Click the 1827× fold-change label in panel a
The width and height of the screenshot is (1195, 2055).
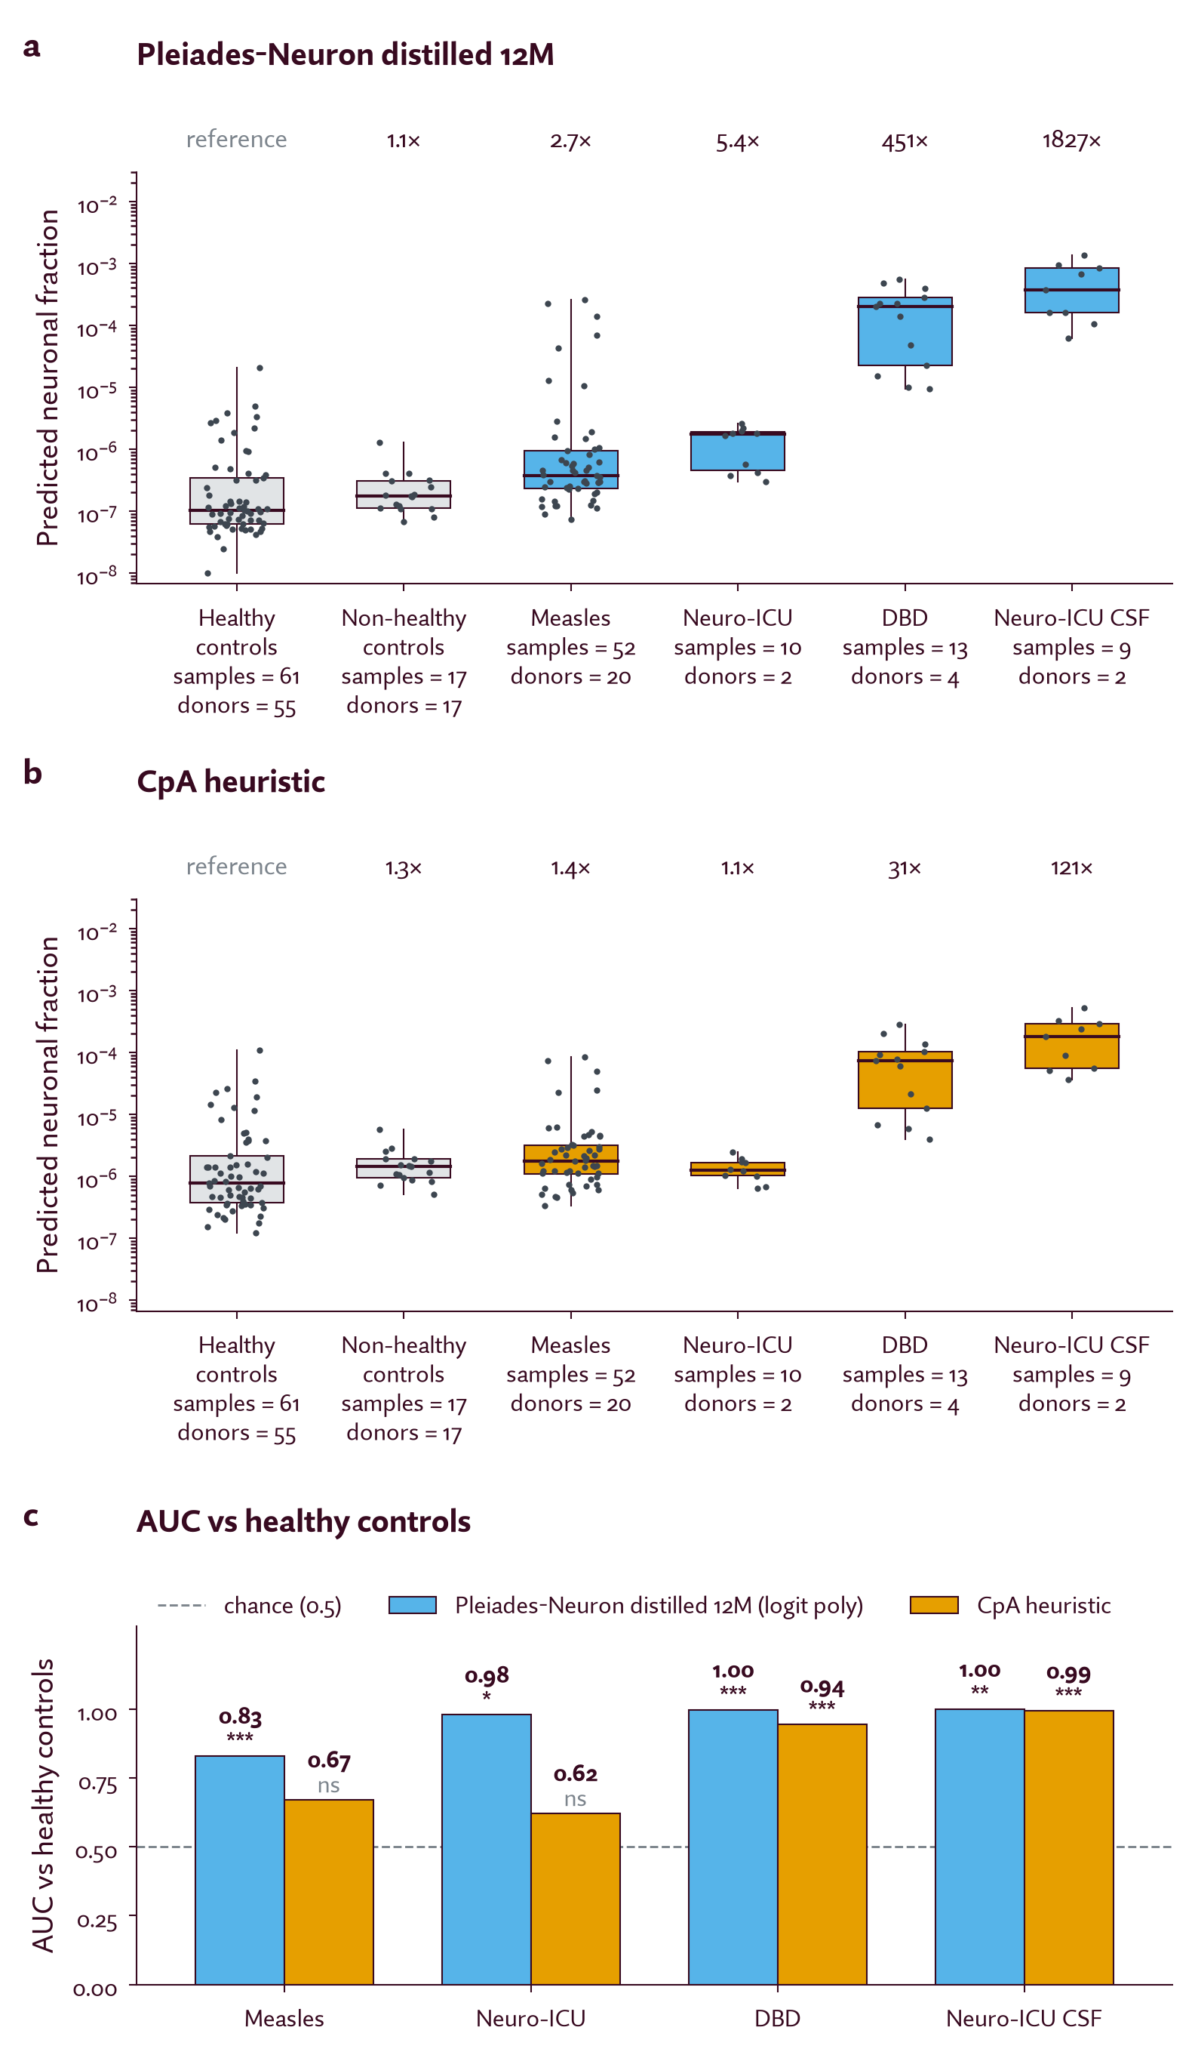click(1071, 140)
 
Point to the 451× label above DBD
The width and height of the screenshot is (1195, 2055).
click(904, 142)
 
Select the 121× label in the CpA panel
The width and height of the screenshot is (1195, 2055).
click(1071, 867)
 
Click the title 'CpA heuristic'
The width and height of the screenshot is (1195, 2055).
click(231, 781)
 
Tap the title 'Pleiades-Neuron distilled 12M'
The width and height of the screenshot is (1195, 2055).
click(345, 54)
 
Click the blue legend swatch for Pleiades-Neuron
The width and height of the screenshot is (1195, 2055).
click(413, 1605)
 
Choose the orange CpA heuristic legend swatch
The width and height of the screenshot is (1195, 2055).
click(933, 1605)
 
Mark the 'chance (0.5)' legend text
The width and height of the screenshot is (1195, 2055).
click(282, 1606)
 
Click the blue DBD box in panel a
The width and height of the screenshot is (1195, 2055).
click(905, 331)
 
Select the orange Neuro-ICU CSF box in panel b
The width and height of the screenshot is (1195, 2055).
click(1071, 1046)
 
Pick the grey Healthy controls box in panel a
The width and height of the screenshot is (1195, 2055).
click(236, 501)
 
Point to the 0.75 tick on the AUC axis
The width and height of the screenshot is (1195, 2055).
click(96, 1783)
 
